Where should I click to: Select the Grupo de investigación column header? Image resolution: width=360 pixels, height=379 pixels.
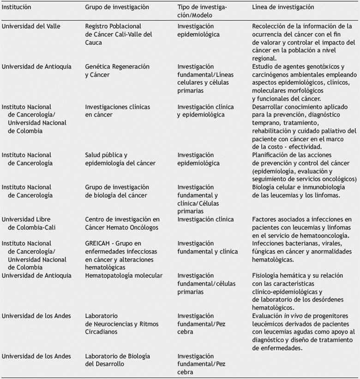[117, 7]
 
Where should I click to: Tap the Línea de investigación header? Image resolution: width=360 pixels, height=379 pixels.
[283, 7]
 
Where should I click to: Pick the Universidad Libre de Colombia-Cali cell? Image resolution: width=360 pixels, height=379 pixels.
[30, 223]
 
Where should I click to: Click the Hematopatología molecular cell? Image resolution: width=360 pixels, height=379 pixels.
[124, 276]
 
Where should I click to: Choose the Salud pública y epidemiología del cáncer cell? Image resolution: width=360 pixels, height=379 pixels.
[120, 159]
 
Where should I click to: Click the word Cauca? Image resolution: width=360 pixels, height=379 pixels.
[95, 42]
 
